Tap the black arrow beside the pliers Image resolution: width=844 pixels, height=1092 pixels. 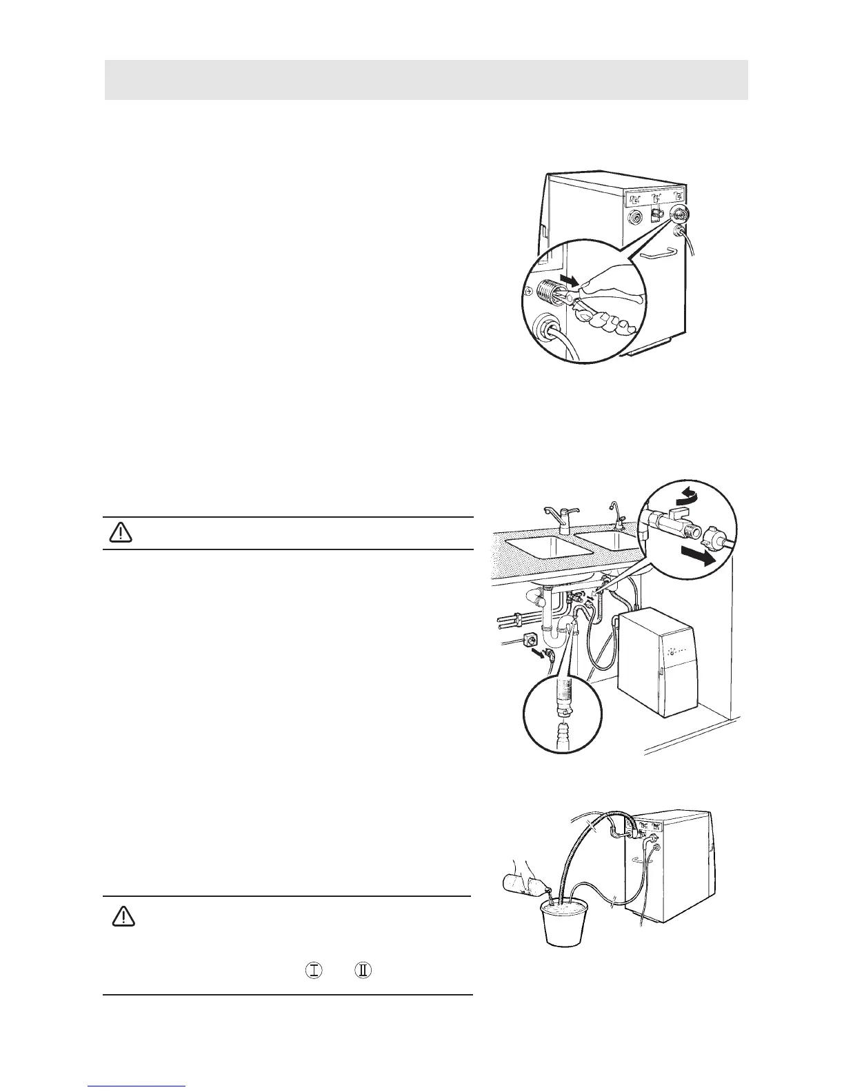pyautogui.click(x=566, y=281)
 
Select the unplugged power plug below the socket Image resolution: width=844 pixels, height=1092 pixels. pyautogui.click(x=547, y=653)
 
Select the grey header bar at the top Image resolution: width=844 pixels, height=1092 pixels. pyautogui.click(x=426, y=79)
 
